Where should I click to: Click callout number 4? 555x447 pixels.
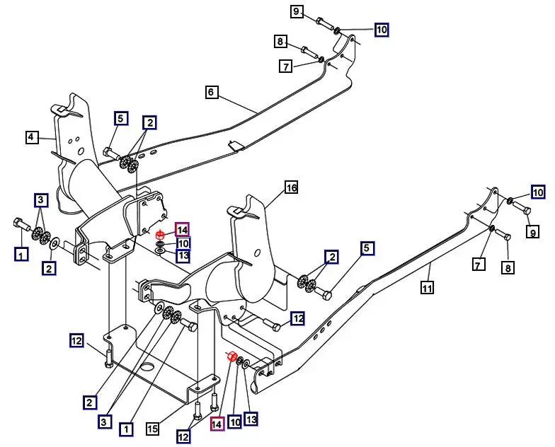click(x=31, y=137)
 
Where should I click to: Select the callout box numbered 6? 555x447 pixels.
click(x=211, y=92)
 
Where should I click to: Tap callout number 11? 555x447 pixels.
click(x=428, y=288)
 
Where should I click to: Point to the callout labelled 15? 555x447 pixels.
click(x=153, y=429)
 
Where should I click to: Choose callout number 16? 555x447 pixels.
click(x=292, y=187)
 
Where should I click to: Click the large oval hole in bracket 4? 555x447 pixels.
click(x=81, y=151)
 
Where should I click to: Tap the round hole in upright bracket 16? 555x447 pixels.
click(x=257, y=252)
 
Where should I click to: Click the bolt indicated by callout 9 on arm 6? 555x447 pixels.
click(x=324, y=23)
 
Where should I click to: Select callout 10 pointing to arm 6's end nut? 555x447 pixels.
click(x=382, y=30)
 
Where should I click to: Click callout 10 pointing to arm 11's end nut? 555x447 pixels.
click(x=538, y=192)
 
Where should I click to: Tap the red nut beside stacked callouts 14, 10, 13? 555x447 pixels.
click(x=160, y=235)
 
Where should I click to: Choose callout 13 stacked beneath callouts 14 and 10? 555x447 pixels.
click(x=183, y=256)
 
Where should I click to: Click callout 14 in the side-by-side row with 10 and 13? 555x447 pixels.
click(x=217, y=424)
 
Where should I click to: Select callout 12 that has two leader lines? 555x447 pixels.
click(x=183, y=437)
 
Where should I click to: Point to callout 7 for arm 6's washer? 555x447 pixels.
click(x=286, y=66)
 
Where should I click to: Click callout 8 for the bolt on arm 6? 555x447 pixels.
click(x=280, y=42)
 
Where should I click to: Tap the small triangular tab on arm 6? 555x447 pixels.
click(x=235, y=146)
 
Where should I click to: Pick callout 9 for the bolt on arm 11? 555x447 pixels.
click(x=533, y=232)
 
